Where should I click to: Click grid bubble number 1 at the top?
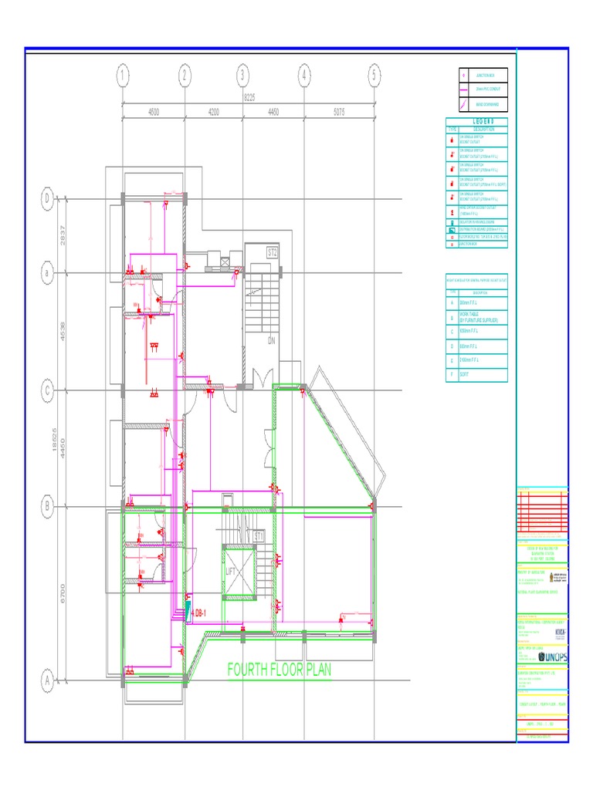click(123, 76)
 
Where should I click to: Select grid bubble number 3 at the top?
click(242, 76)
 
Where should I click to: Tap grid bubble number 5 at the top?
click(374, 76)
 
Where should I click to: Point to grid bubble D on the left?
click(47, 199)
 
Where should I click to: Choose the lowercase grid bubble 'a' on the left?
click(47, 273)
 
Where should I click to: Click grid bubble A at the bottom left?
click(47, 680)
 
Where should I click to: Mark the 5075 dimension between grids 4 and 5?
click(339, 112)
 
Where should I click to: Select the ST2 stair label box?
click(272, 252)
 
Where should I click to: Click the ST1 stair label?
click(259, 535)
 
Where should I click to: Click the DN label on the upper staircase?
click(272, 340)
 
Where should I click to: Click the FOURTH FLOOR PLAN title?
click(279, 670)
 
